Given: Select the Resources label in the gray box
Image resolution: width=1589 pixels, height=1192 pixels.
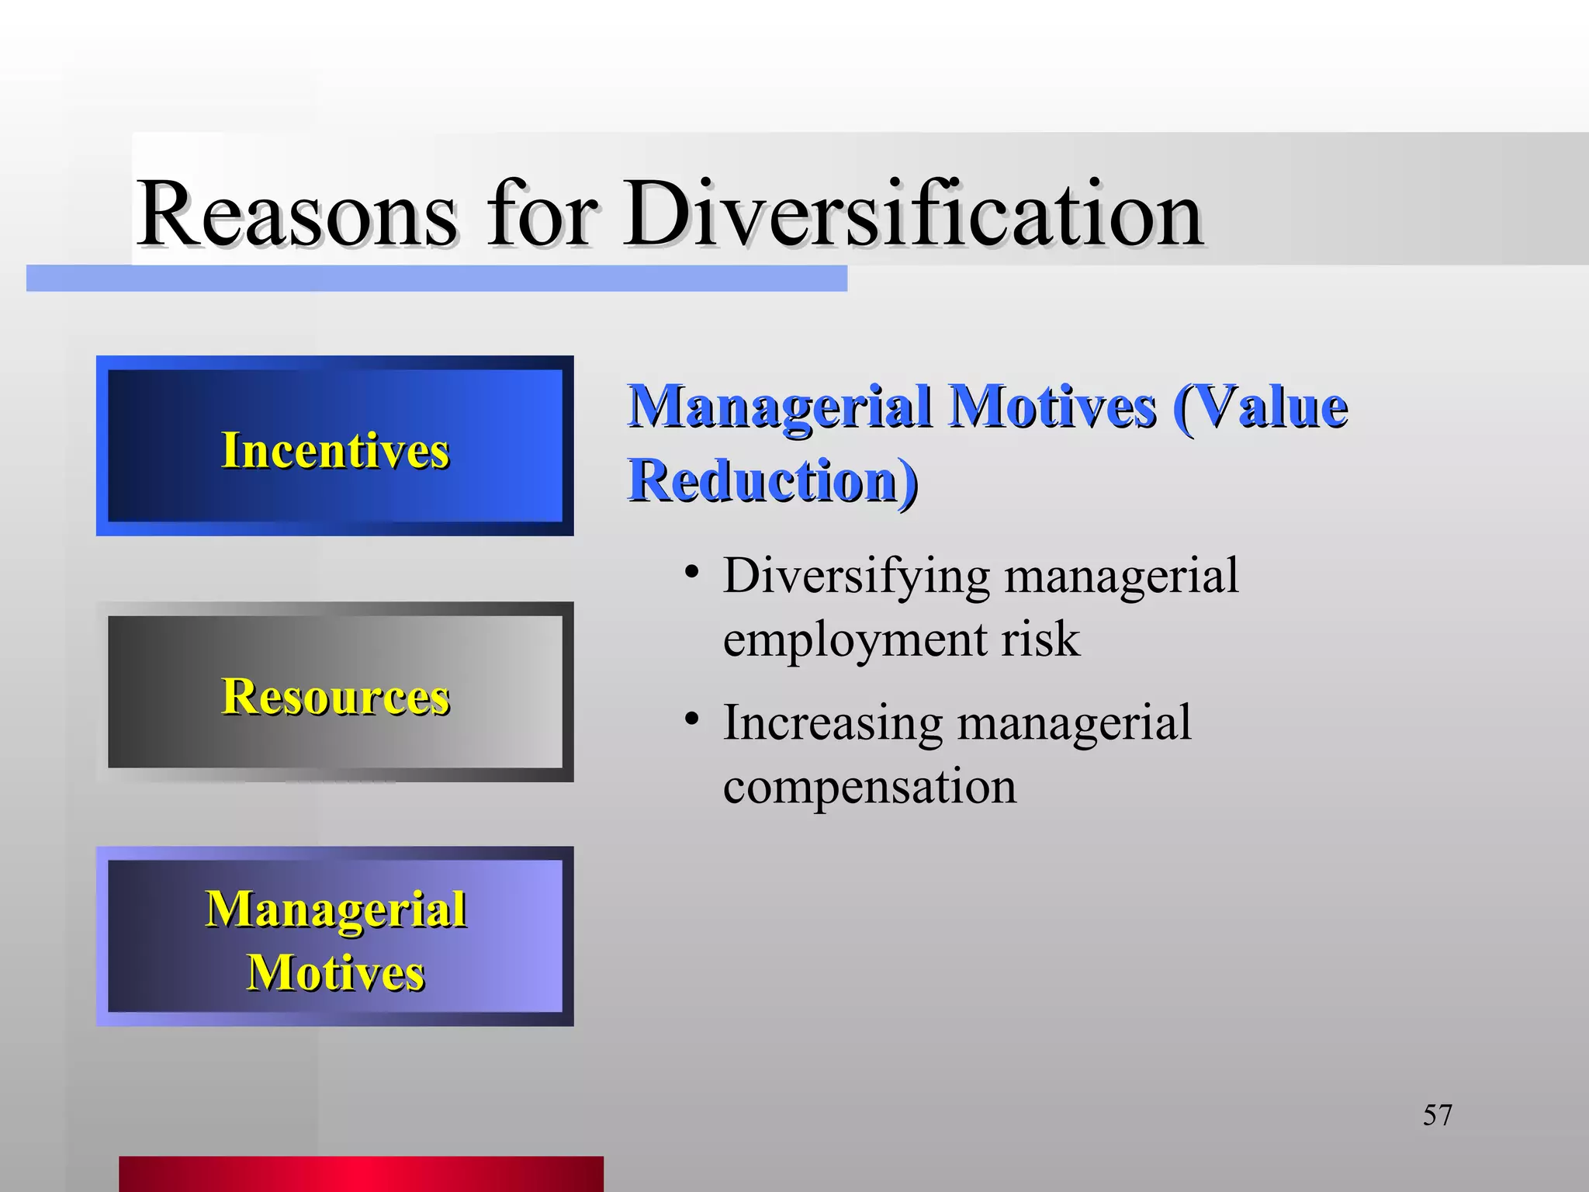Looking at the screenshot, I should tap(335, 696).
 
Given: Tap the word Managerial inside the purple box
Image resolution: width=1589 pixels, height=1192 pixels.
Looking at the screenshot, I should tap(335, 909).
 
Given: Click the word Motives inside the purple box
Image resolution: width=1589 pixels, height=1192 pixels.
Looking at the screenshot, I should tap(335, 972).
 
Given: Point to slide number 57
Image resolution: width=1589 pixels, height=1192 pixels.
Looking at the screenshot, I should tap(1437, 1115).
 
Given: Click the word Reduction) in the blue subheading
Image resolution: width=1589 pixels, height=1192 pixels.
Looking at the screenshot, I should tap(773, 480).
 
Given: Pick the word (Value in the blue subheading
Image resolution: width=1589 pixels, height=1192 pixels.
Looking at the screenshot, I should tap(1260, 407).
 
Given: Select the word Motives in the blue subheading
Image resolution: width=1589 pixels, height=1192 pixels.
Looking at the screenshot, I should tap(1053, 407).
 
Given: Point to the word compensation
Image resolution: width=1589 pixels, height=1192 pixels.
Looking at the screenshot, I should tap(869, 787).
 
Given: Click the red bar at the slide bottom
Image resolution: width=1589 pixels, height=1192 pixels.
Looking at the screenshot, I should tap(361, 1173).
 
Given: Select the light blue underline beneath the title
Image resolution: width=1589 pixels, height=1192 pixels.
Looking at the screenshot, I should tap(436, 279).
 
